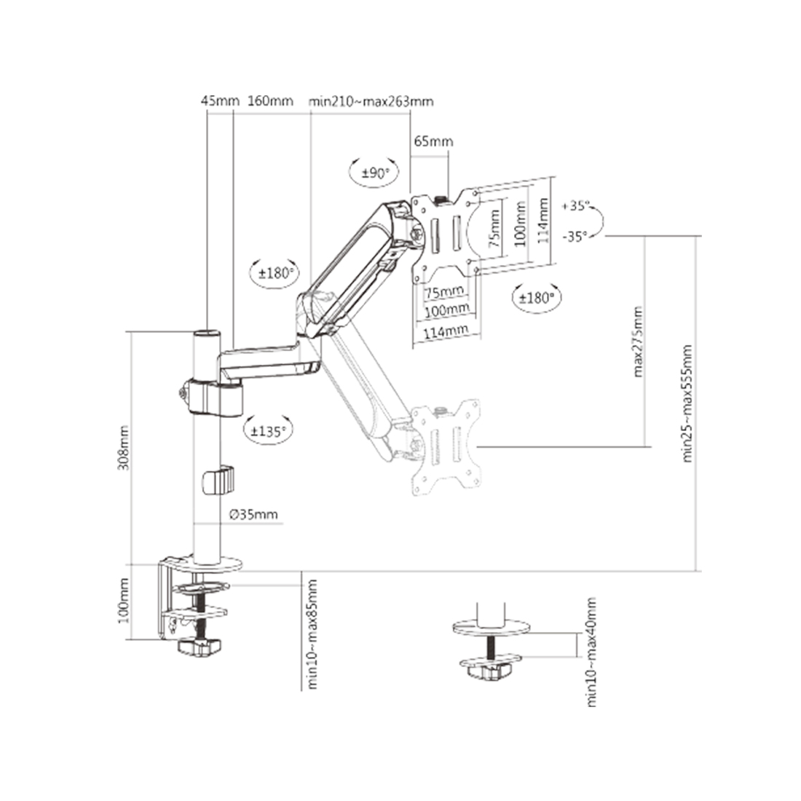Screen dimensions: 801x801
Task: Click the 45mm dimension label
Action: (x=219, y=101)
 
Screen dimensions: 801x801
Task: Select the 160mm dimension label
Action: (x=270, y=101)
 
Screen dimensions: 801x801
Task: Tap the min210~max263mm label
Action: (x=371, y=101)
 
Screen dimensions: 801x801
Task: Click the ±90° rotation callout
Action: (x=376, y=173)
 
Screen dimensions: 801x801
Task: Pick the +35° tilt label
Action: (x=575, y=206)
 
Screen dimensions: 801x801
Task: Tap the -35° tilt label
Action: (x=575, y=236)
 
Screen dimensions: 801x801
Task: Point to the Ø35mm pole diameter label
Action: (x=253, y=515)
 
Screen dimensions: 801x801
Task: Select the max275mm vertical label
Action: (x=638, y=343)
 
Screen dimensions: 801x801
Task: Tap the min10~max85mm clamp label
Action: (x=312, y=634)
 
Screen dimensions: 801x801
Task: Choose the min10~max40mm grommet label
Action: (x=591, y=651)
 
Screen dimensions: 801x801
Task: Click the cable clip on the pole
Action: (x=218, y=481)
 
